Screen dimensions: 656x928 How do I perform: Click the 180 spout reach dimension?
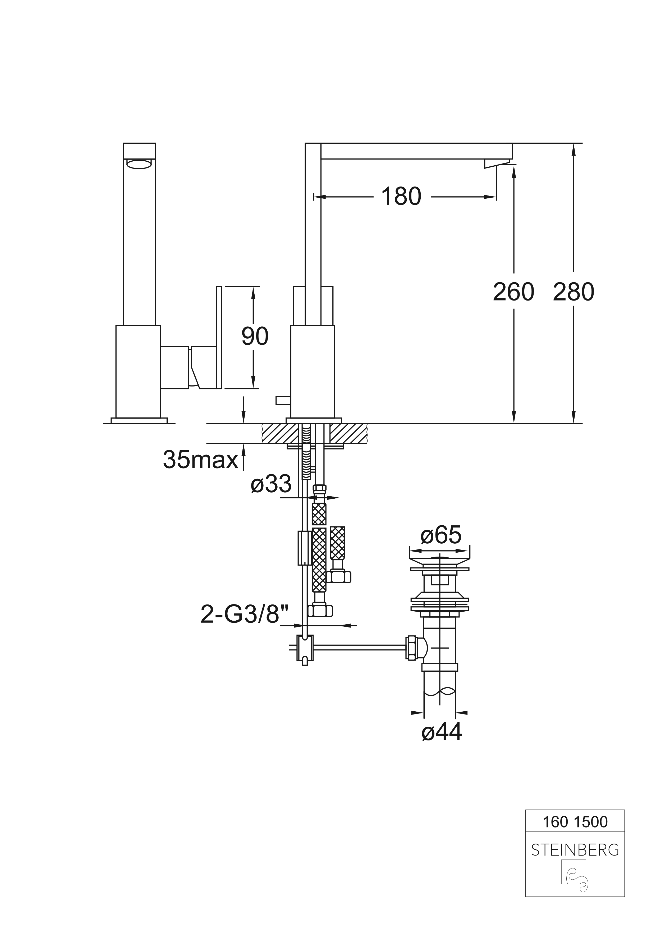tap(401, 197)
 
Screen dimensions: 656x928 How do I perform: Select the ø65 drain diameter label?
tap(441, 536)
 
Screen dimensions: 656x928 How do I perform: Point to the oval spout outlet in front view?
tap(139, 164)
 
